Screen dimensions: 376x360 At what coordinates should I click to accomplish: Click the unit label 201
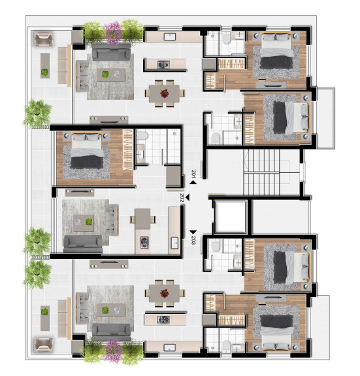[194, 174]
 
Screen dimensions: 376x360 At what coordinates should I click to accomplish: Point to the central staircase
[269, 170]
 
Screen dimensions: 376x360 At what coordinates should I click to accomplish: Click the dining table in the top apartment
[164, 92]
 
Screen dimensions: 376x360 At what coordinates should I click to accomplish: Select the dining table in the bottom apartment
[164, 291]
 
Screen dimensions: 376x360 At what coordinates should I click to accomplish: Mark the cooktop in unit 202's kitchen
[145, 243]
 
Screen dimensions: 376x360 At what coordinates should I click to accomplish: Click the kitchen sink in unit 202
[174, 243]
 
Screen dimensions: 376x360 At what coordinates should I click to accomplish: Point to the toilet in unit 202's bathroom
[144, 136]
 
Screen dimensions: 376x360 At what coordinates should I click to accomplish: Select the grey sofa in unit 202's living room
[82, 243]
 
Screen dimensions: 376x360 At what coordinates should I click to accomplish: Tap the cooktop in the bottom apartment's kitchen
[164, 319]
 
